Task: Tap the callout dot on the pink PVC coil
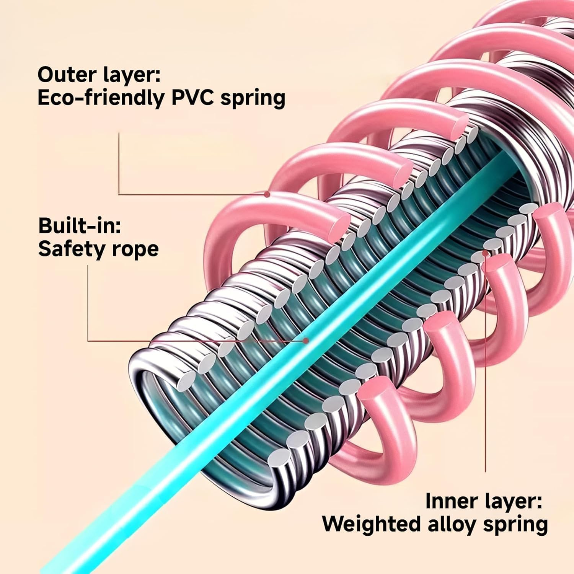pos(267,194)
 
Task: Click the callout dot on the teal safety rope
pos(305,340)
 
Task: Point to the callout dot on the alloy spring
pos(485,253)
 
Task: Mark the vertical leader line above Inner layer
pos(486,383)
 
